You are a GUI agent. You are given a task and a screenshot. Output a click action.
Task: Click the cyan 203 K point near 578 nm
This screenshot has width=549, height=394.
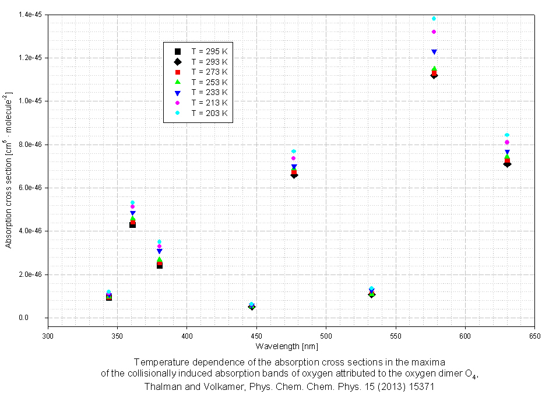pos(434,19)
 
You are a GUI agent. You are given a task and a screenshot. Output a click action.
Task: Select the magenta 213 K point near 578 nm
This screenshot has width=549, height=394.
pos(434,31)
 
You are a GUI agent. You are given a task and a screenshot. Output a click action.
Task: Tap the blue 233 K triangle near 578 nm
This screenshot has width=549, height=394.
pos(434,52)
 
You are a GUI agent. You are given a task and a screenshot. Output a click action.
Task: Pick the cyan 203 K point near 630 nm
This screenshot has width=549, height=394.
pos(507,135)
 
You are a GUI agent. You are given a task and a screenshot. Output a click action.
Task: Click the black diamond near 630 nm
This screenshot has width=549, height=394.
pos(507,164)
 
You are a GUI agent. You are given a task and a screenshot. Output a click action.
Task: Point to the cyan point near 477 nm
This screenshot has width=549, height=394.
pos(294,152)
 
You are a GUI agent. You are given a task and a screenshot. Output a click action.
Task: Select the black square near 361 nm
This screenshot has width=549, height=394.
pos(133,224)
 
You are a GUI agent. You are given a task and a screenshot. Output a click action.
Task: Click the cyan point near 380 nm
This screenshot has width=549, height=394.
pos(159,241)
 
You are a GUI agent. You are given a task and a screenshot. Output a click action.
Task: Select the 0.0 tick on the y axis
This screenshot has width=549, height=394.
pos(38,318)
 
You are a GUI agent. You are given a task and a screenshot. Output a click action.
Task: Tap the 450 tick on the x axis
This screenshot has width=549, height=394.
pos(256,336)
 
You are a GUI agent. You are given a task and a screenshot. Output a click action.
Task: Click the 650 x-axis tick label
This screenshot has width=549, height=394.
pos(534,336)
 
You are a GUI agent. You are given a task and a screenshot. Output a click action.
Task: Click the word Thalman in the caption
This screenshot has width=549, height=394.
pos(160,386)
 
